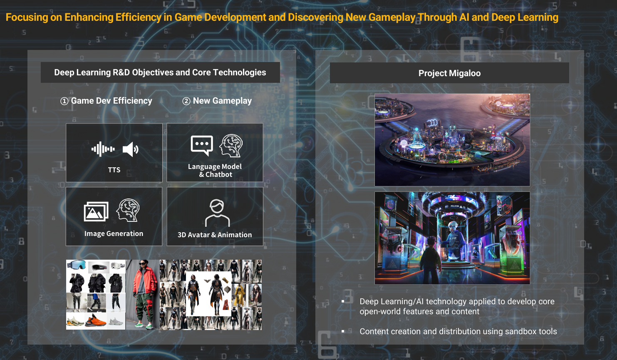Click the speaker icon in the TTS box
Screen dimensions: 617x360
click(130, 149)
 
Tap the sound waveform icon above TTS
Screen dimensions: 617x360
click(103, 149)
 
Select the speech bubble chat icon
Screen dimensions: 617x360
click(202, 145)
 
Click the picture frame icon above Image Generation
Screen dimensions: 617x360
click(96, 211)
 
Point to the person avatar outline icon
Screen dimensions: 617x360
click(217, 213)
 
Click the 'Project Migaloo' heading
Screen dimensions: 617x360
click(449, 73)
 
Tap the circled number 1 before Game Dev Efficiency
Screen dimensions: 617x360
click(64, 102)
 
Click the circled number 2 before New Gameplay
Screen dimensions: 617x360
click(186, 102)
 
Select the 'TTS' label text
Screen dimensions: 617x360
click(114, 170)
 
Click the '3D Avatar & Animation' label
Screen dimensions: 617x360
click(215, 235)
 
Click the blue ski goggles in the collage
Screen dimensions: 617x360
click(77, 265)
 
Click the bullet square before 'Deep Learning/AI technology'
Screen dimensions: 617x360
click(343, 302)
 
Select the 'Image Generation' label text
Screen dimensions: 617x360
click(114, 233)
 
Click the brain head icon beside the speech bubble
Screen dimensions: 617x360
click(231, 146)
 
